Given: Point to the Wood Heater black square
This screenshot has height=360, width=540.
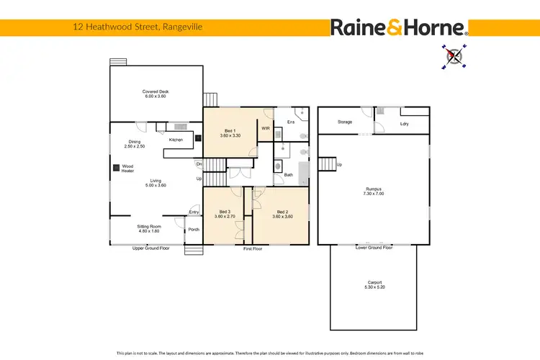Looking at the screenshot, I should click(x=116, y=168).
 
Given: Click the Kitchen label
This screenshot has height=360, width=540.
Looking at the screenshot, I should click(x=176, y=140).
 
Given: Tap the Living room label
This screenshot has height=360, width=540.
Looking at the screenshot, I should click(x=156, y=183).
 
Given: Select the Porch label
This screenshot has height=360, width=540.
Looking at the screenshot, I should click(x=193, y=230).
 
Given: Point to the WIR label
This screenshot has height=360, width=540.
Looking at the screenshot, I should click(x=266, y=128).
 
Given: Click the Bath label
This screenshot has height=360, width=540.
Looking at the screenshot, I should click(x=288, y=174).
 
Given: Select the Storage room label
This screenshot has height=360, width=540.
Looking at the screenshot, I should click(x=345, y=122).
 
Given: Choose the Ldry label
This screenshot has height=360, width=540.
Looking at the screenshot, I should click(x=404, y=124).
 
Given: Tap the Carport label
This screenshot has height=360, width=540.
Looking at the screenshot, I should click(x=374, y=284).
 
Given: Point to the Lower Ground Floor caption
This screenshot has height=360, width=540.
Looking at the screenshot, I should click(x=374, y=247).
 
